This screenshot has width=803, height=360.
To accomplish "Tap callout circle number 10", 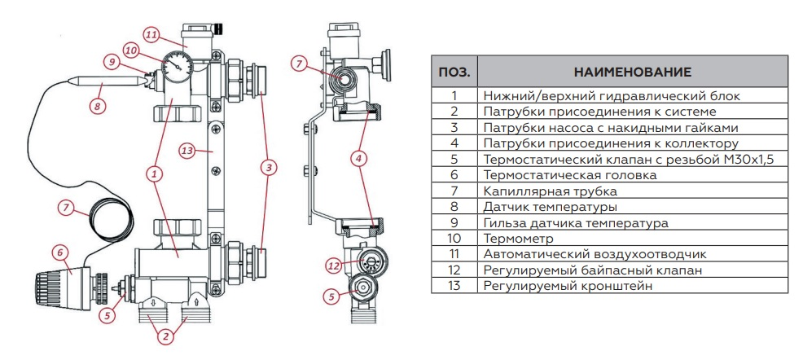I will pos(130,48).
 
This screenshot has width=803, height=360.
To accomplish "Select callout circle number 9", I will pos(112,61).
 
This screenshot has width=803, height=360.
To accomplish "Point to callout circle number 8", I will pos(98,105).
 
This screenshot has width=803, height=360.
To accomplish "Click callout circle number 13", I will pos(186,150).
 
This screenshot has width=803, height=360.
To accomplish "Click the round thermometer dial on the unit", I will pos(173,66).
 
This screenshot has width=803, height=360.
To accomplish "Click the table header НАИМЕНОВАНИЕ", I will pos(632,72).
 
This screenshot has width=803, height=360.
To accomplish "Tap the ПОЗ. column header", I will pos(454,72).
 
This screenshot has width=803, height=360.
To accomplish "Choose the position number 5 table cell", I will pos(454,159).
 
